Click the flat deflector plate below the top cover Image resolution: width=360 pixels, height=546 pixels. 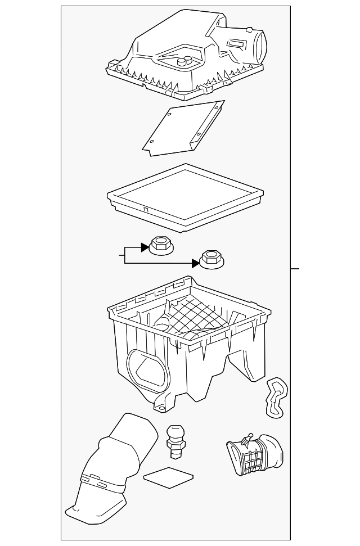pyautogui.click(x=183, y=129)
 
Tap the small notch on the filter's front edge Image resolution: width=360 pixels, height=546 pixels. pyautogui.click(x=145, y=210)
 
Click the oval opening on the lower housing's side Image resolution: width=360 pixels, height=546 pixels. pyautogui.click(x=148, y=371)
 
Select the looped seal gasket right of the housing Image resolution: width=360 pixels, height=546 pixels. pyautogui.click(x=276, y=398)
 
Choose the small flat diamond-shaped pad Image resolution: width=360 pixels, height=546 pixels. pyautogui.click(x=168, y=478)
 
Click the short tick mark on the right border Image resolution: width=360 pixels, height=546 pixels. pyautogui.click(x=295, y=268)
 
